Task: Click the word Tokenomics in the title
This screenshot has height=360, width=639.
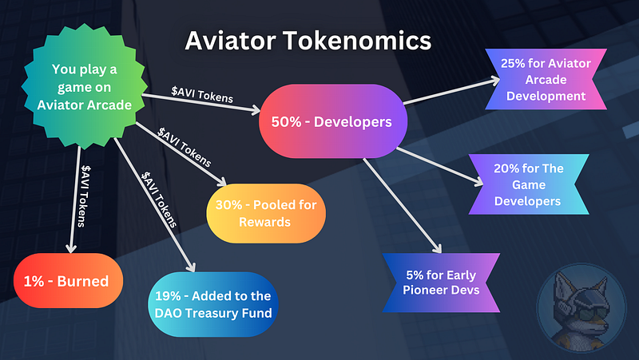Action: [357, 41]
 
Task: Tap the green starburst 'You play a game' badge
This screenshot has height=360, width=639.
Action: [85, 86]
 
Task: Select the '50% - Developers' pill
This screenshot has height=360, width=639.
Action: [333, 121]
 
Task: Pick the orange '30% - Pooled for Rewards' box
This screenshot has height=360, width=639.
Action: [266, 213]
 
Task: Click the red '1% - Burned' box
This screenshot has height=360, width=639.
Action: [68, 281]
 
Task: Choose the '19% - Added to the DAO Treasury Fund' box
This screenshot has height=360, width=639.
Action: [213, 304]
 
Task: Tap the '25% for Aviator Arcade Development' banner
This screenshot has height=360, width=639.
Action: [546, 79]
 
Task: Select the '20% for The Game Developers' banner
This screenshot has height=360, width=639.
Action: [529, 184]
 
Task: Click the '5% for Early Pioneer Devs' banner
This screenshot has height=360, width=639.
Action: [442, 283]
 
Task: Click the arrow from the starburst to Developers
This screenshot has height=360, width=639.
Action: [201, 103]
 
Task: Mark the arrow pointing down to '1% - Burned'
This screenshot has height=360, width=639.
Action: [74, 200]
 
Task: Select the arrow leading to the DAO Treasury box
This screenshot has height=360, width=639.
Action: [155, 205]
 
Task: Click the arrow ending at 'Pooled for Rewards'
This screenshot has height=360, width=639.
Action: [181, 154]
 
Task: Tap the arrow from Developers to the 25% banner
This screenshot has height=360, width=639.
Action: [451, 91]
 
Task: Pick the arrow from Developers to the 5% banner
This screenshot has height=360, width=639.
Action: [403, 206]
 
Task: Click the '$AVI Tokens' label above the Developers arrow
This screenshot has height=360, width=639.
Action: [202, 94]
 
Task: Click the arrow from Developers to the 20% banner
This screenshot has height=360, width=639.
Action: [440, 167]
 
